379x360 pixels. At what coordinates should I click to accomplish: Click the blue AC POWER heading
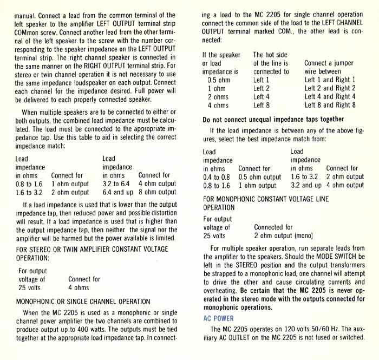pos(218,318)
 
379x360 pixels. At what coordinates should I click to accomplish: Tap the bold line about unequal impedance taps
pos(273,119)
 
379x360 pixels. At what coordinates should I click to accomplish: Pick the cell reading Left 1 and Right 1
pos(330,80)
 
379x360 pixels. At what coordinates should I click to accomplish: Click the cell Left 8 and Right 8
pos(330,105)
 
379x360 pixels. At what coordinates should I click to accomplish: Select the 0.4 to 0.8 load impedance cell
pos(217,176)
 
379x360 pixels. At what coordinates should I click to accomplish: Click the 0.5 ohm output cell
pos(260,176)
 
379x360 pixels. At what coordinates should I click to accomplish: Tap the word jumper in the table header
pos(346,63)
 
